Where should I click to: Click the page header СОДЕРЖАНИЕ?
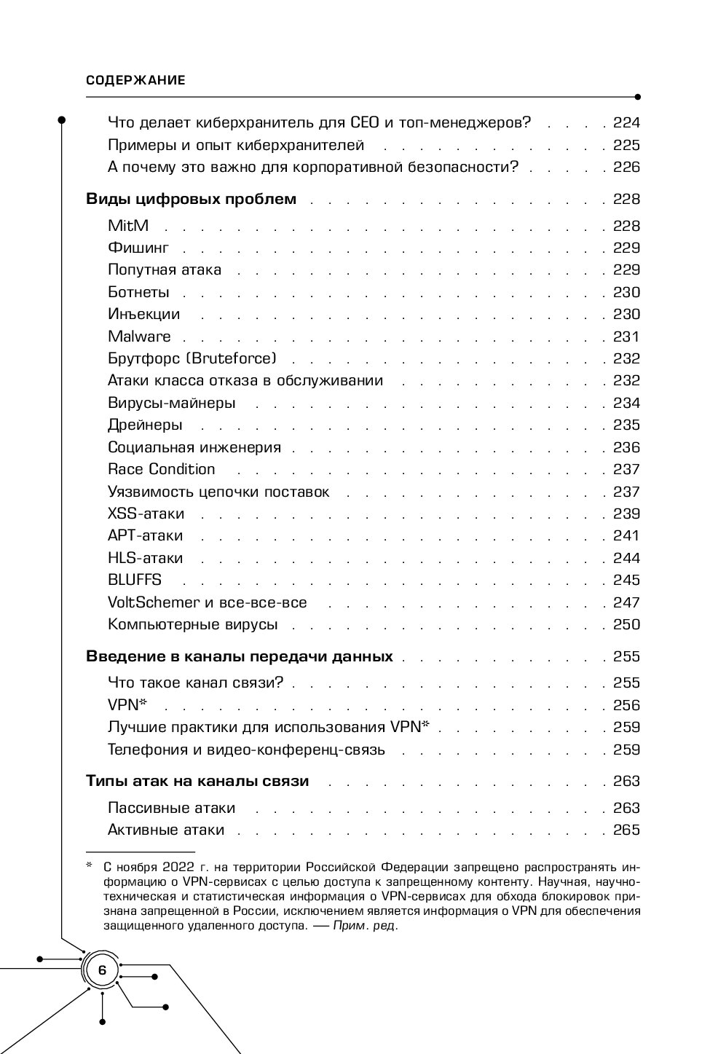pyautogui.click(x=135, y=81)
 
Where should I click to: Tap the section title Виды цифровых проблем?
pyautogui.click(x=192, y=200)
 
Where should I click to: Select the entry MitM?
pyautogui.click(x=128, y=226)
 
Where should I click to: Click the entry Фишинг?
pyautogui.click(x=138, y=248)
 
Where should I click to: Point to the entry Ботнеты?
pyautogui.click(x=138, y=292)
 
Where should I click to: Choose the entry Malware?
pyautogui.click(x=139, y=337)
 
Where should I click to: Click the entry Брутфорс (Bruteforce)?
pyautogui.click(x=192, y=358)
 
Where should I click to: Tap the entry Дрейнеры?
pyautogui.click(x=145, y=425)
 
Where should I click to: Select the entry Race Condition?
pyautogui.click(x=162, y=469)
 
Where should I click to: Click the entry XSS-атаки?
pyautogui.click(x=146, y=514)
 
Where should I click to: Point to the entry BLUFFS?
pyautogui.click(x=135, y=580)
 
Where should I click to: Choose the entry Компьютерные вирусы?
pyautogui.click(x=193, y=624)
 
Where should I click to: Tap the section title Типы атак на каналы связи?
pyautogui.click(x=197, y=781)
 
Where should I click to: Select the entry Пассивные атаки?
pyautogui.click(x=171, y=808)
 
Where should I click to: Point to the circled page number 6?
pyautogui.click(x=102, y=970)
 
